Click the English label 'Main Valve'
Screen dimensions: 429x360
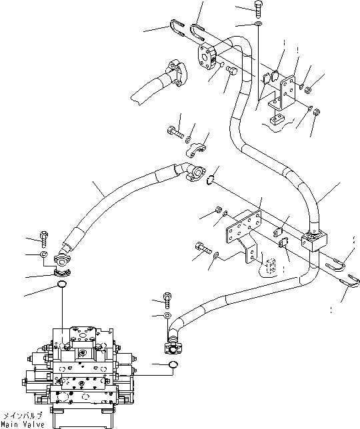tap(23, 424)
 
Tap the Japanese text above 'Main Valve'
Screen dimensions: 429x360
tap(23, 416)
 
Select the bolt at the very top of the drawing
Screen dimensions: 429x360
tap(259, 9)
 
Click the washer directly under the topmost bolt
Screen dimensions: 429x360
tap(258, 25)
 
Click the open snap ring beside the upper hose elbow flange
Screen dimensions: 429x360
tap(211, 178)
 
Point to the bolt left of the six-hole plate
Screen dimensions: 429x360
tap(203, 248)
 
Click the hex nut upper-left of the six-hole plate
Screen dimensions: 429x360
tap(219, 211)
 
